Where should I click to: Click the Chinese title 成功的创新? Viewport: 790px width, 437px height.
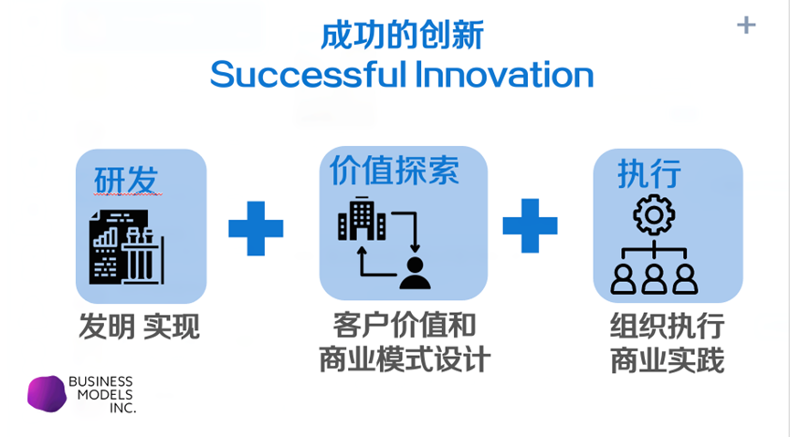402,35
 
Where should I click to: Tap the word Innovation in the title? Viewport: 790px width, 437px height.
504,74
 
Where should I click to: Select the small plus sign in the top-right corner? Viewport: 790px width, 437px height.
746,25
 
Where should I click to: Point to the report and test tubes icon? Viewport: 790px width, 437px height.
126,245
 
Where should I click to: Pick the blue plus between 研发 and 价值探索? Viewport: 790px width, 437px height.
256,228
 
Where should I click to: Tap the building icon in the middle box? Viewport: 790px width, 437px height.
362,220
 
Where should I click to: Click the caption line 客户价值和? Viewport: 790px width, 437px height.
405,325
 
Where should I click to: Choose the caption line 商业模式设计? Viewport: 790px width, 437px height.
405,359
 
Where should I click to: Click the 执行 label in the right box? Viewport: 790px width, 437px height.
648,173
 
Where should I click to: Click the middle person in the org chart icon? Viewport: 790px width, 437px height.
654,277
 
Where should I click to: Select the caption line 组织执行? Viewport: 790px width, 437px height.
667,326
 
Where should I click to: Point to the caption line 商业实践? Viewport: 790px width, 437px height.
667,360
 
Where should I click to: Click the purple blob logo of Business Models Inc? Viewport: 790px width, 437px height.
47,393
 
